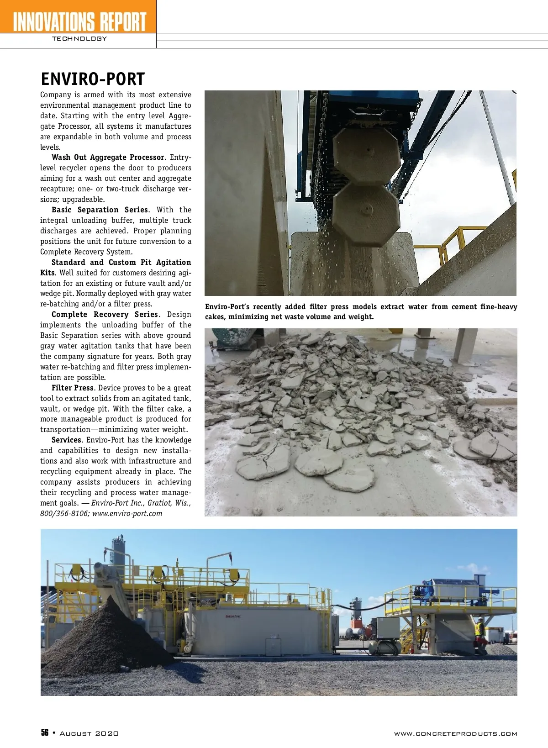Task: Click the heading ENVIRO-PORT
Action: (93, 79)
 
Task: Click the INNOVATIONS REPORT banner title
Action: (79, 21)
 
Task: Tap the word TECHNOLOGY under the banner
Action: (79, 39)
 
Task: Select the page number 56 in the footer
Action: (45, 733)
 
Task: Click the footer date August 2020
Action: (89, 733)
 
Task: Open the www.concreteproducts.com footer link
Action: (455, 734)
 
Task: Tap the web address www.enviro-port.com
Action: (127, 513)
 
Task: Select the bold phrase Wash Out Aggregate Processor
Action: (108, 158)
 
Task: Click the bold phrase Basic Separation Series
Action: (100, 210)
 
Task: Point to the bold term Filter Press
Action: (72, 388)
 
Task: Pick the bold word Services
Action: (66, 440)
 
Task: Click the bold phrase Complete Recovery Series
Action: (105, 315)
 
